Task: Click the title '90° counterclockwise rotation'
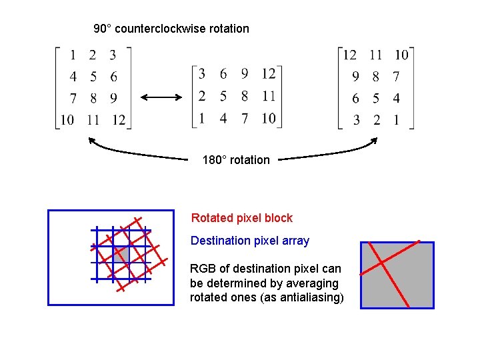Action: click(x=171, y=29)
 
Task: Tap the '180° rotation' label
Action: click(x=236, y=160)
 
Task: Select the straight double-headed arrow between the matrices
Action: click(x=161, y=97)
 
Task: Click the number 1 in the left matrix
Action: click(x=73, y=55)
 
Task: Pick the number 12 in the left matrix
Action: click(x=118, y=120)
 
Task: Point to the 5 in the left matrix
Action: click(x=93, y=77)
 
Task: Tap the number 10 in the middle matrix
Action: click(x=268, y=118)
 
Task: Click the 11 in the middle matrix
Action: click(x=268, y=96)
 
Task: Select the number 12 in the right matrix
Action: click(x=349, y=55)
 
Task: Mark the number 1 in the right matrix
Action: click(x=397, y=120)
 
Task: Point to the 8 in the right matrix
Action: click(x=376, y=77)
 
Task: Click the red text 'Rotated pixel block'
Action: click(x=241, y=218)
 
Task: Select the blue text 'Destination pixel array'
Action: click(x=250, y=241)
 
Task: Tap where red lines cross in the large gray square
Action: click(x=383, y=262)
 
